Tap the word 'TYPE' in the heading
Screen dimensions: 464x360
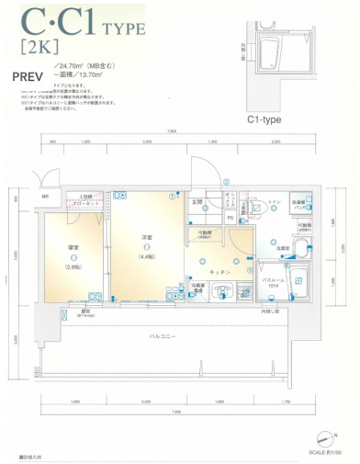[x=118, y=28]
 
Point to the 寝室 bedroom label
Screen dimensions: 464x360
[x=73, y=249]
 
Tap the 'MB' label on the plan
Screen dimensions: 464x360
[x=44, y=198]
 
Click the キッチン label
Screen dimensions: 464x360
[x=220, y=272]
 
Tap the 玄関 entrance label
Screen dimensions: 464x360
[x=196, y=201]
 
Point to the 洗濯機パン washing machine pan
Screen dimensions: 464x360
[x=299, y=206]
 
